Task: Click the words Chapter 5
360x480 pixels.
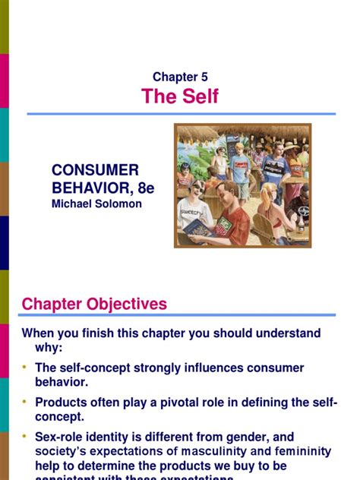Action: [x=180, y=77]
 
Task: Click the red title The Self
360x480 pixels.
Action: [x=180, y=96]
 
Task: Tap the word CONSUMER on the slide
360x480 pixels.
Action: [x=95, y=170]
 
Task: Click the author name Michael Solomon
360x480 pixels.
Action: [x=96, y=204]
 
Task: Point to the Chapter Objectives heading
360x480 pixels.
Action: [x=94, y=305]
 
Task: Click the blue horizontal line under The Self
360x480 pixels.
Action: [x=180, y=114]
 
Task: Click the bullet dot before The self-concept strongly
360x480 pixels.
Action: [x=26, y=368]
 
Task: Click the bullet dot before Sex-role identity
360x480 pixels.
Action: [x=26, y=437]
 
